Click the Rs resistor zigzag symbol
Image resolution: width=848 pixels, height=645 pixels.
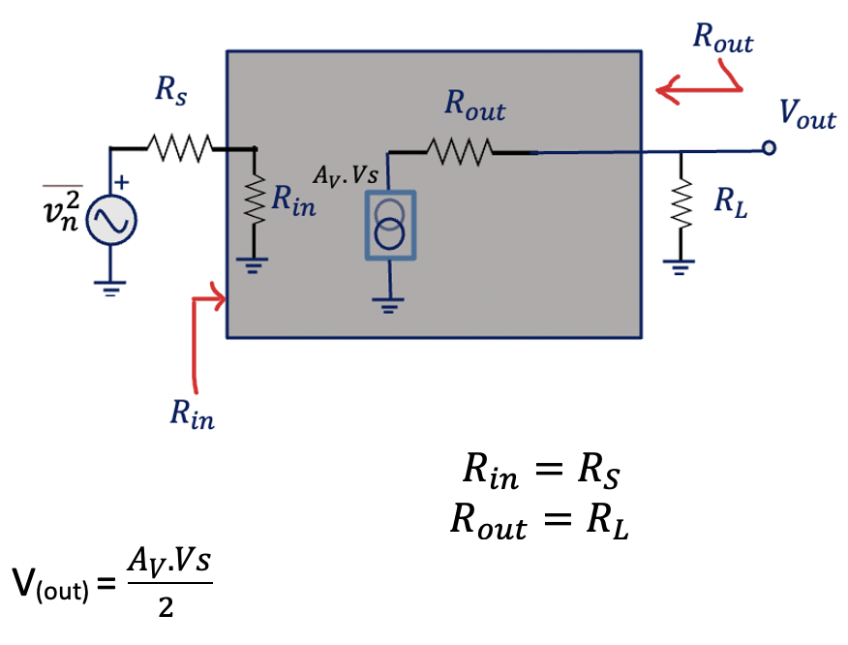(179, 148)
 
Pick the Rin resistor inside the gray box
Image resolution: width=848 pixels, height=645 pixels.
(256, 201)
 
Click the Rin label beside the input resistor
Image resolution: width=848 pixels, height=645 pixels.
(292, 201)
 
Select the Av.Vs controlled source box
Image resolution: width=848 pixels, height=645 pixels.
(389, 225)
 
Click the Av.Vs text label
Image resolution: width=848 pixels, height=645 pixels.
(346, 175)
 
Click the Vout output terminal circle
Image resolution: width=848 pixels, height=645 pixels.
(769, 148)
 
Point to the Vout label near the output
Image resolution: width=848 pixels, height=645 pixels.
(806, 115)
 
